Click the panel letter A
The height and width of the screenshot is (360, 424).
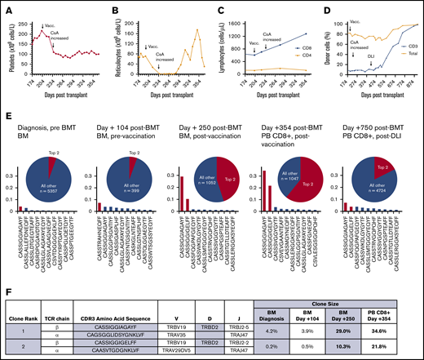pyautogui.click(x=5, y=6)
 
